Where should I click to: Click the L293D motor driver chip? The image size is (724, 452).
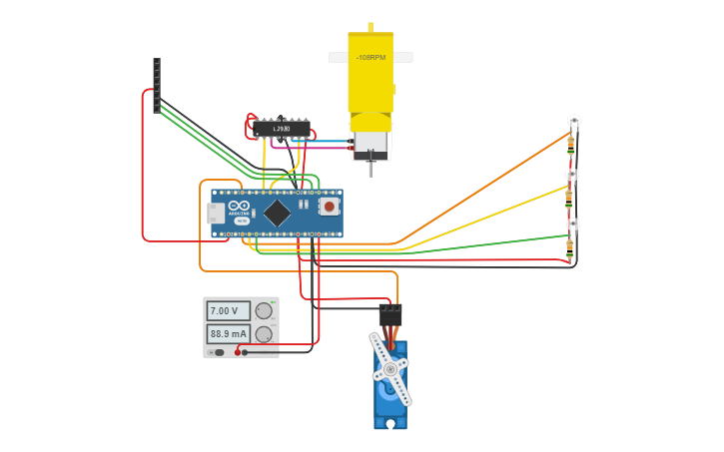click(281, 129)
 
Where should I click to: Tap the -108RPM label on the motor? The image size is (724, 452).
click(370, 58)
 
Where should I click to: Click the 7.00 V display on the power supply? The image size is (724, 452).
click(228, 311)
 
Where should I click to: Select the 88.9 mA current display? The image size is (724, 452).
click(228, 333)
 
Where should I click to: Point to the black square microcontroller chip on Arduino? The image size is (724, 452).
click(277, 213)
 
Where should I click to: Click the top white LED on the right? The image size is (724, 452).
click(574, 122)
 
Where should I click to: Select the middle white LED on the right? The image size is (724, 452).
click(572, 175)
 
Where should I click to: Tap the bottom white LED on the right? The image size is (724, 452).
click(572, 225)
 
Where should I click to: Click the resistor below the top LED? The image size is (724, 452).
click(571, 144)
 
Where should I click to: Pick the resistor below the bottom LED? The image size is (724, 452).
click(570, 246)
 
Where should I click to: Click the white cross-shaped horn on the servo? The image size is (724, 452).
click(389, 370)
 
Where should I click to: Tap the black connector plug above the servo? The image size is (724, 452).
click(390, 314)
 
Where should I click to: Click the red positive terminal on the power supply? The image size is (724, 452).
click(238, 351)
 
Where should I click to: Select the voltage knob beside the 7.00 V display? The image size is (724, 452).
click(264, 310)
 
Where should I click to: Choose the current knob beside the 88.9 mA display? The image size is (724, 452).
click(264, 334)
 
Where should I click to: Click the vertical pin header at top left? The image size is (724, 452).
click(157, 85)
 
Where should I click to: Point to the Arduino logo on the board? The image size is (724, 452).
click(240, 207)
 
